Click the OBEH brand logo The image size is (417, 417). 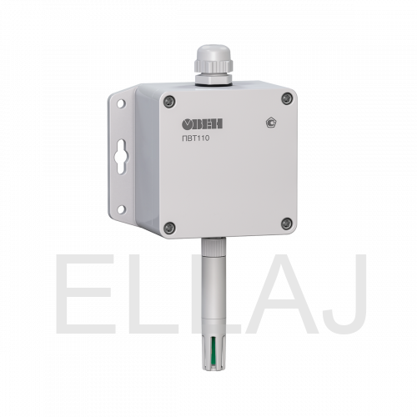click(x=202, y=124)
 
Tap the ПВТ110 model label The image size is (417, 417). click(x=195, y=138)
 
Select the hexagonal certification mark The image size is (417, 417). click(x=272, y=123)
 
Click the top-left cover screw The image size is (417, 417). click(x=169, y=102)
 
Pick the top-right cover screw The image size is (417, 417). click(x=287, y=98)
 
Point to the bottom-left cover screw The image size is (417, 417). click(x=169, y=228)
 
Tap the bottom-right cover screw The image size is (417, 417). click(x=287, y=224)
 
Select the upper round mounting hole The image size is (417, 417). click(x=121, y=103)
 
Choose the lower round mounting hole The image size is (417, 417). click(x=121, y=209)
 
